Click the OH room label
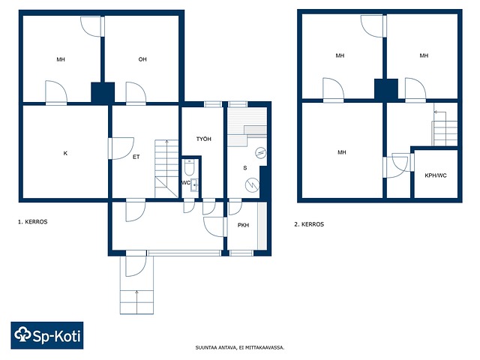pos(142,59)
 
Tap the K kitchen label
pos(65,153)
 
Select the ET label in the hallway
pos(136,157)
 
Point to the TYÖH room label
pos(203,139)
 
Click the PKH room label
pos(243,225)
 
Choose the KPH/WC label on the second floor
pos(436,175)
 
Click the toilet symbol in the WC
pos(189,166)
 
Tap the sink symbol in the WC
pos(194,185)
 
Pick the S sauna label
pos(245,168)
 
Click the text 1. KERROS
pos(33,222)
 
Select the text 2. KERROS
pos(309,224)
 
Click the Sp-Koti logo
pos(47,335)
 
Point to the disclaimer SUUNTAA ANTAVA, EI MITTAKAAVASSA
pos(240,348)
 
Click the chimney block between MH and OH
pos(103,92)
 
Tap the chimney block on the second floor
pos(386,89)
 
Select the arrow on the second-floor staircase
pos(440,116)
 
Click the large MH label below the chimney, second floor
pos(342,152)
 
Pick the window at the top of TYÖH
pos(213,104)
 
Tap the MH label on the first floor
pos(61,59)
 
